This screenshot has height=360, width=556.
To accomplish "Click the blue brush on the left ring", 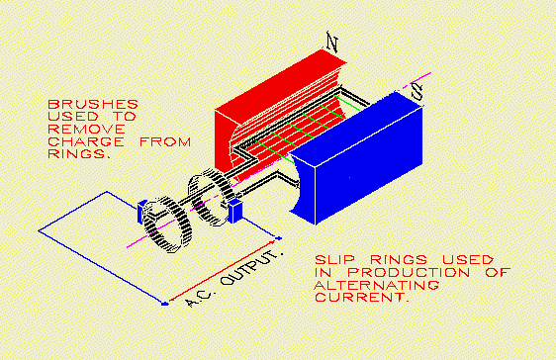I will click(142, 209).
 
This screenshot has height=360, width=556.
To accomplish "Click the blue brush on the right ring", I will click(235, 212).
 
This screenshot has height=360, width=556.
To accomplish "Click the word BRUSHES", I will click(93, 102).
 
